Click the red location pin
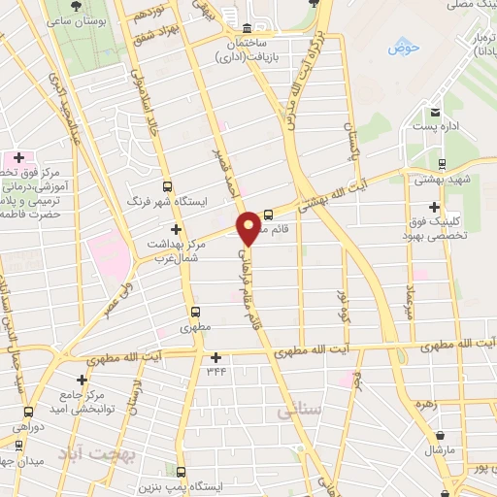249,227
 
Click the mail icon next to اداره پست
437,112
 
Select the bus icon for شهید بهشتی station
443,163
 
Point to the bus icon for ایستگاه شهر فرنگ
168,186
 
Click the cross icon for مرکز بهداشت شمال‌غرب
175,228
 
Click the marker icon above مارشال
442,434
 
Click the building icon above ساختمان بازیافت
248,28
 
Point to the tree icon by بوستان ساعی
76,8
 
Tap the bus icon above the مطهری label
197,313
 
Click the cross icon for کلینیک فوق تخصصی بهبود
433,207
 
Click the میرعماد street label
411,282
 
